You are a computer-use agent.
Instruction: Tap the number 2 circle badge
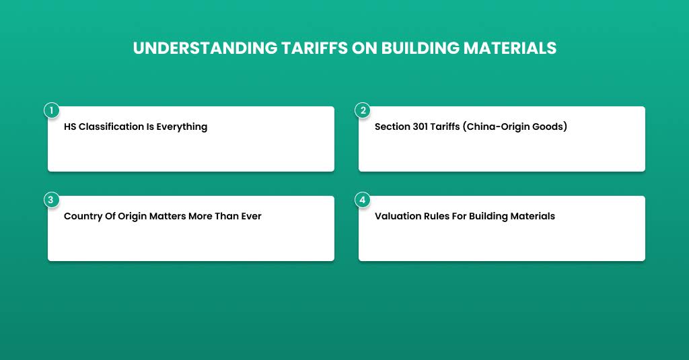click(x=363, y=110)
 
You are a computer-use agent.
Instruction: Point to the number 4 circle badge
click(x=363, y=200)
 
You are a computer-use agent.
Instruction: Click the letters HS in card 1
click(x=70, y=127)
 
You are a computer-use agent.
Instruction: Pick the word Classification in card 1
click(x=112, y=127)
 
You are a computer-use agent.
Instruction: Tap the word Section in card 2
click(x=392, y=127)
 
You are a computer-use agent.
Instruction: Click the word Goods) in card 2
click(x=552, y=127)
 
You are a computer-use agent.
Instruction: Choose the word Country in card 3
click(x=82, y=216)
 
